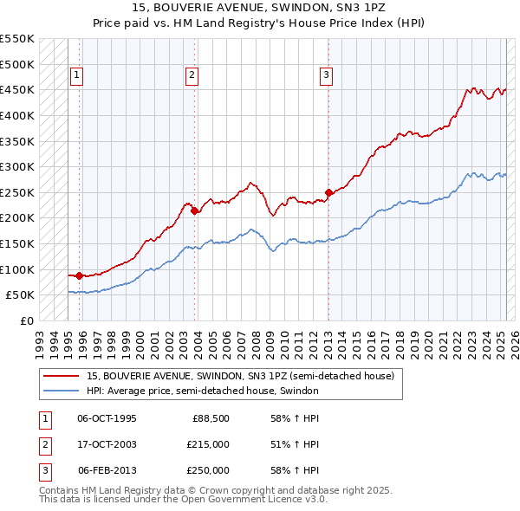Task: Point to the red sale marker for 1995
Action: click(x=80, y=275)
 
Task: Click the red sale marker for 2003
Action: click(x=194, y=210)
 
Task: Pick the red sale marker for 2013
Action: click(x=328, y=192)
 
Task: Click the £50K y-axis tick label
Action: click(x=21, y=294)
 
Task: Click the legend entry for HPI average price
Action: click(x=203, y=391)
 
